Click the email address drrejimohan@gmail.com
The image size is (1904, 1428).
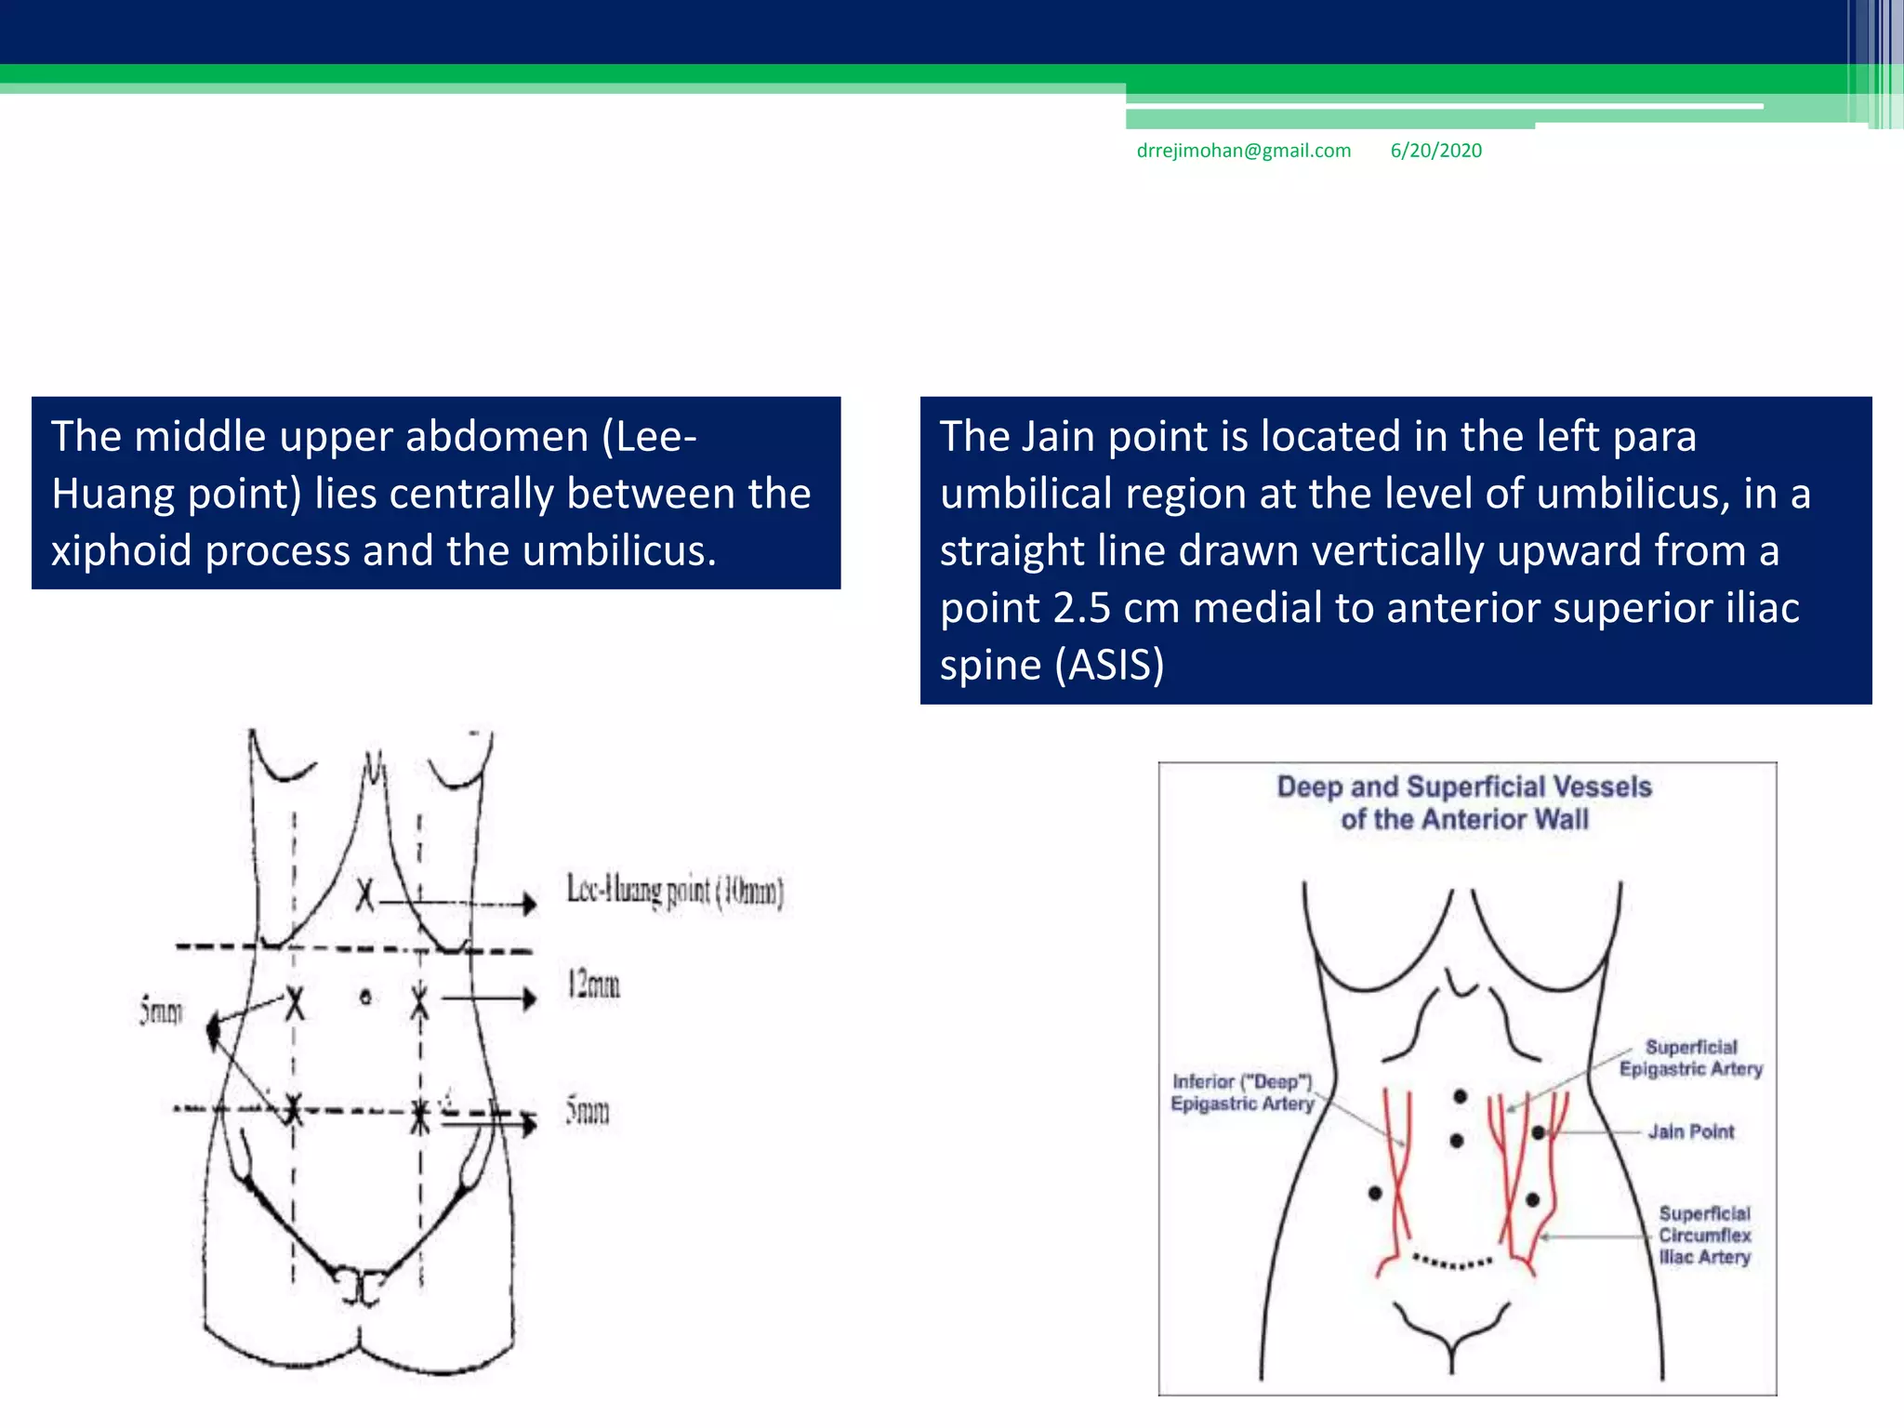coord(1243,151)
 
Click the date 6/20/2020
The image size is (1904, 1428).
coord(1435,151)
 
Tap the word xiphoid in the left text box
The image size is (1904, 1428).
coord(121,551)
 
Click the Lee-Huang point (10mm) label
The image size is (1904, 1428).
coord(675,891)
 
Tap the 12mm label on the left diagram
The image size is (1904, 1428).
coord(593,985)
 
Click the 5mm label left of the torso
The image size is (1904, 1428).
coord(161,1011)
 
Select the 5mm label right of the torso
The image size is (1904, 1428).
coord(588,1111)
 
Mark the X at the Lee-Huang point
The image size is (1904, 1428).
coord(365,896)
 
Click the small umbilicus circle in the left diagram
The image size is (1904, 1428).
coord(366,998)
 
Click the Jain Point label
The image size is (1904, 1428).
coord(1690,1131)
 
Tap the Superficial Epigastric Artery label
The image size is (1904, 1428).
coord(1690,1058)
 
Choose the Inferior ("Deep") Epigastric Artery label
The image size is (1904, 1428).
coord(1242,1092)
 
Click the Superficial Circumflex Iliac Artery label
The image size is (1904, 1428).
coord(1704,1236)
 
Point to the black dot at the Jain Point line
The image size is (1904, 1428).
coord(1539,1132)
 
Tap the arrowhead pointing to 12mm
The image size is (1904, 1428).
coord(529,999)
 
